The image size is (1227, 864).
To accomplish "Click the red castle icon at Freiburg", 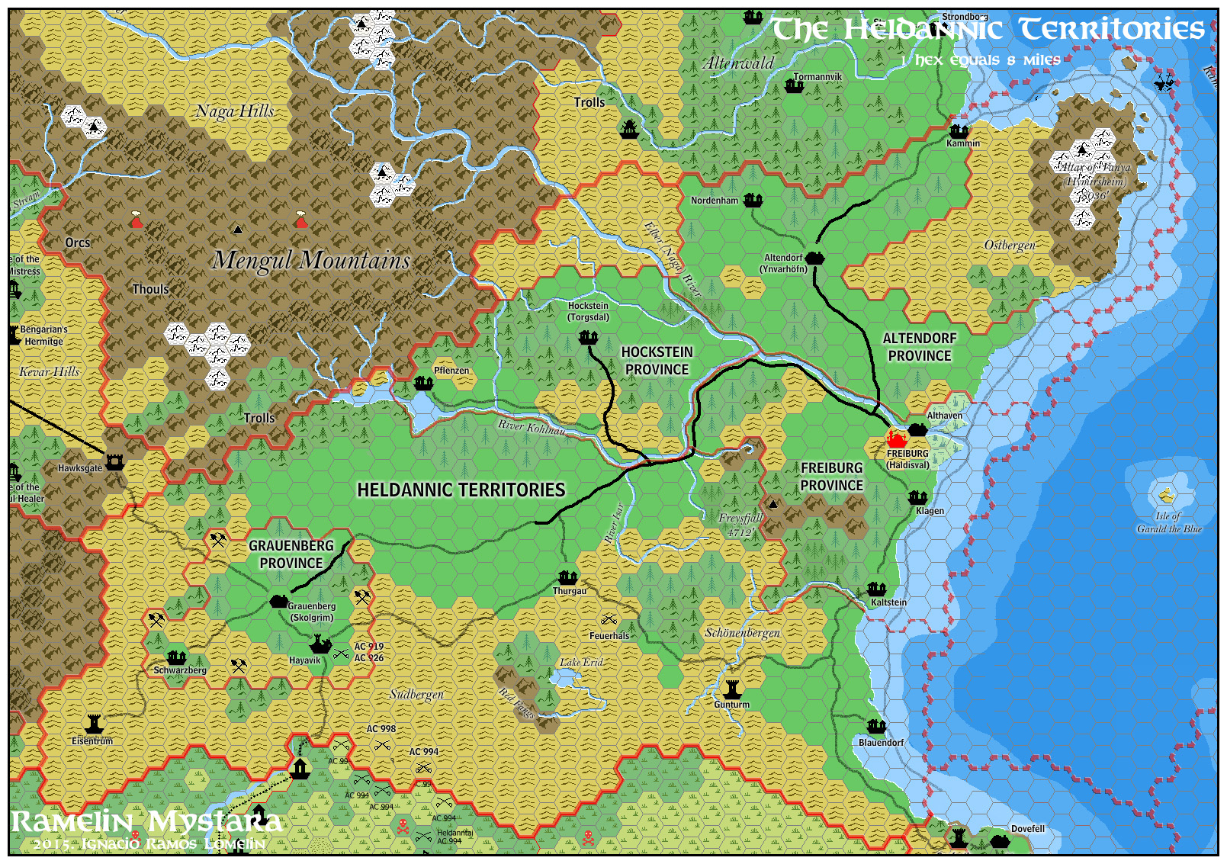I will click(x=896, y=440).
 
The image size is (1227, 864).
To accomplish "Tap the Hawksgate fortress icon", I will click(x=114, y=462).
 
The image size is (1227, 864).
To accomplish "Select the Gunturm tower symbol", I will click(x=732, y=689).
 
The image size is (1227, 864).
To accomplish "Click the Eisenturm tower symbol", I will click(x=94, y=724).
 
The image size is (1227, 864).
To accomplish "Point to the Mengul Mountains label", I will click(x=311, y=260).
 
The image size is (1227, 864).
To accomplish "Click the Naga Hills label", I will click(x=235, y=111).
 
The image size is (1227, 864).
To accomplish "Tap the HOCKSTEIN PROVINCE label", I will click(x=657, y=361).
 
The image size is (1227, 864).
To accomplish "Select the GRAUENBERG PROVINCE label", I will click(x=291, y=554).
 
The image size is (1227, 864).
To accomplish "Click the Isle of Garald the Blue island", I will click(x=1166, y=496).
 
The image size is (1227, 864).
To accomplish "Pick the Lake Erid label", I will click(x=581, y=662).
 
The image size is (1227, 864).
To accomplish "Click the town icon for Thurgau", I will click(x=567, y=577).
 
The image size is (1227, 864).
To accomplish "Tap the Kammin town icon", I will click(x=959, y=130).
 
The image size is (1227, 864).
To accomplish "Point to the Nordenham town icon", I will click(x=753, y=200).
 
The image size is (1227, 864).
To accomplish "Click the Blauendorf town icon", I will click(x=877, y=727).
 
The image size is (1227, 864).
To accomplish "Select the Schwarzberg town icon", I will click(x=177, y=657).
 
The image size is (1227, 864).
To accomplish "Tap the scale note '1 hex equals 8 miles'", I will click(x=980, y=60).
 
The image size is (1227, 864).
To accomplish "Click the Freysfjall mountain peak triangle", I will click(x=773, y=504).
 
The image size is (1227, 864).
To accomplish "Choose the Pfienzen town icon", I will click(x=423, y=383).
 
